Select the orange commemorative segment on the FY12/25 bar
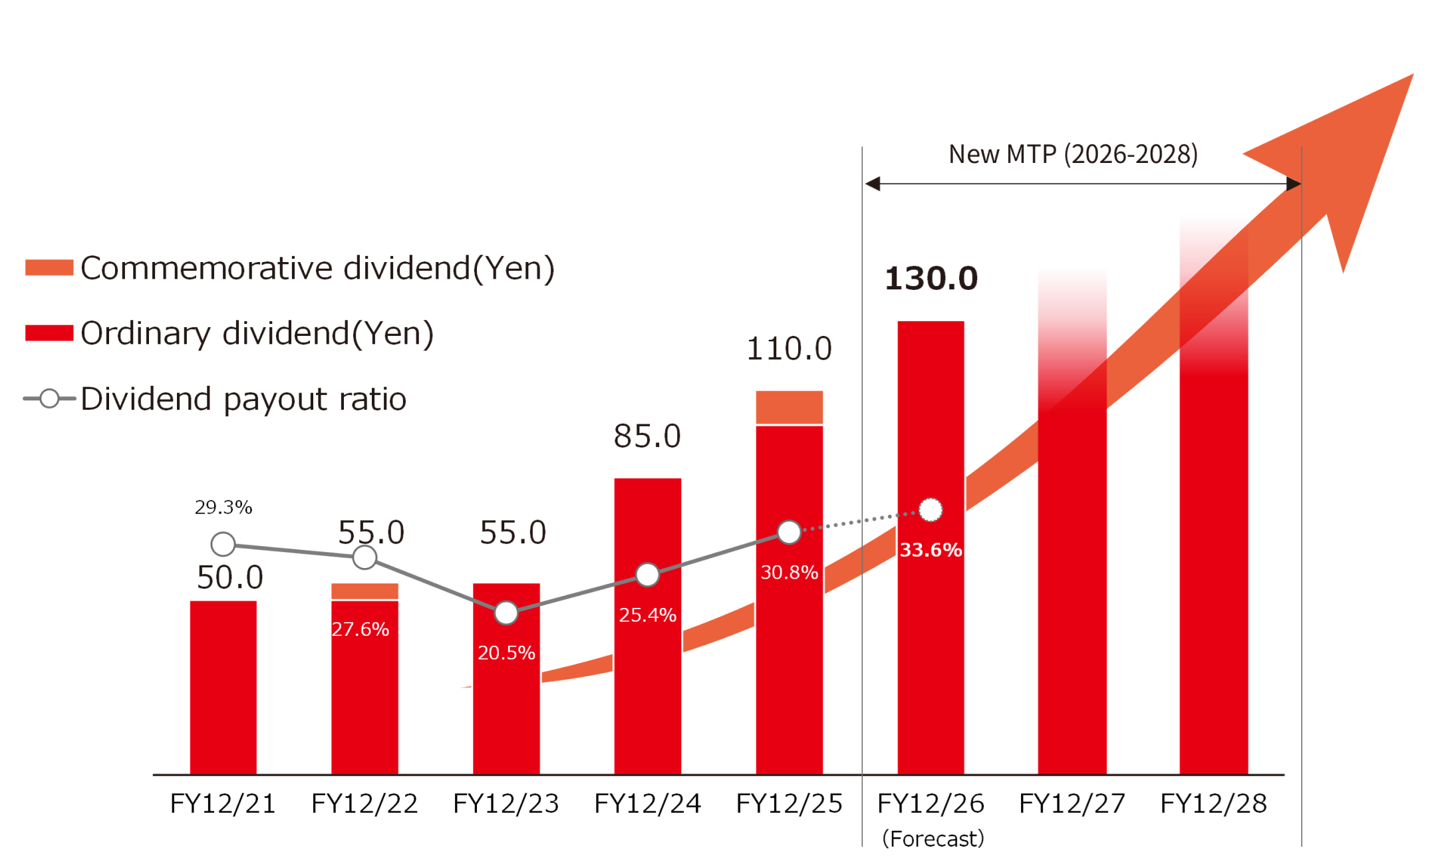(x=789, y=406)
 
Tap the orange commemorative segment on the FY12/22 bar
(x=364, y=591)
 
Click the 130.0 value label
(x=931, y=279)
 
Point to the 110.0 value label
(x=789, y=349)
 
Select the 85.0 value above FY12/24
(x=647, y=436)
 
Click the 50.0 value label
(x=230, y=577)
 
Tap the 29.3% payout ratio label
(x=223, y=507)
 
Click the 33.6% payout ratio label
(x=931, y=550)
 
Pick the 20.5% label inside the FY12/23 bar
(x=506, y=653)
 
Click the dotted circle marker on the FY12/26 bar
(x=931, y=510)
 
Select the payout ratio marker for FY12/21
(x=223, y=544)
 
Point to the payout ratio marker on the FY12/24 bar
(x=647, y=574)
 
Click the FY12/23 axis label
(x=506, y=803)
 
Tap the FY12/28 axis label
(x=1213, y=803)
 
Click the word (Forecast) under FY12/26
(x=933, y=839)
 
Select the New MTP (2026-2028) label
(x=1073, y=154)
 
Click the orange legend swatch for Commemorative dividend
(x=49, y=267)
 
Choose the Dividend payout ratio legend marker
(x=49, y=398)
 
